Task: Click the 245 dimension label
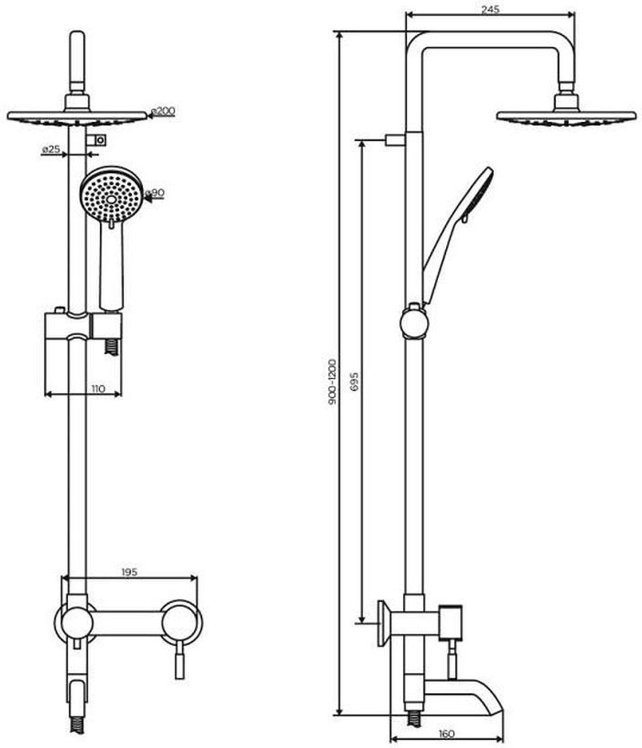(x=490, y=9)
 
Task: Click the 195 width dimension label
(x=129, y=572)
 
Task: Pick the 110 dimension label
(x=98, y=388)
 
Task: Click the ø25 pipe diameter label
(x=51, y=149)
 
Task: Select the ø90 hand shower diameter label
(x=155, y=193)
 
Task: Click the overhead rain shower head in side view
(x=566, y=116)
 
